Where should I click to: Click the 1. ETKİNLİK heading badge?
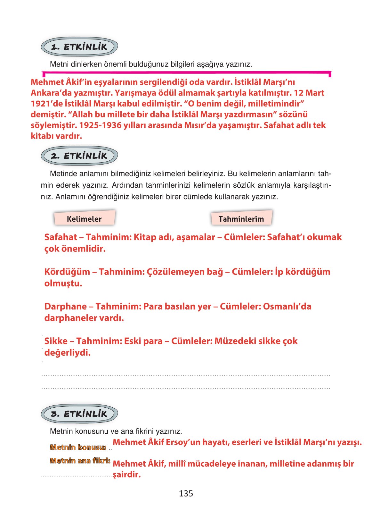tap(79, 47)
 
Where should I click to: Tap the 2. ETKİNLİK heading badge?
tap(79, 156)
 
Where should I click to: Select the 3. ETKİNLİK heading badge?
tap(79, 414)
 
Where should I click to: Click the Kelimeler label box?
tap(84, 219)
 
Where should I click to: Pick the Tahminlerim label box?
tap(241, 219)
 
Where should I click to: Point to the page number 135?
tap(186, 493)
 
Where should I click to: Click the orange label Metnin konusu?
tap(78, 447)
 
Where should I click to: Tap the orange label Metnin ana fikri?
tap(80, 461)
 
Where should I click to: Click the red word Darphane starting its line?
tap(65, 306)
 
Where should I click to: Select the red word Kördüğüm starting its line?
tap(67, 272)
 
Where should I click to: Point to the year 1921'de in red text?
tap(47, 104)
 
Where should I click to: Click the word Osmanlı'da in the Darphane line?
tap(287, 306)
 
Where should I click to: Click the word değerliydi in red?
tap(67, 352)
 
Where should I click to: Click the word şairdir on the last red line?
tap(127, 474)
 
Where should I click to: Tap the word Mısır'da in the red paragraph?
tap(200, 125)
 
